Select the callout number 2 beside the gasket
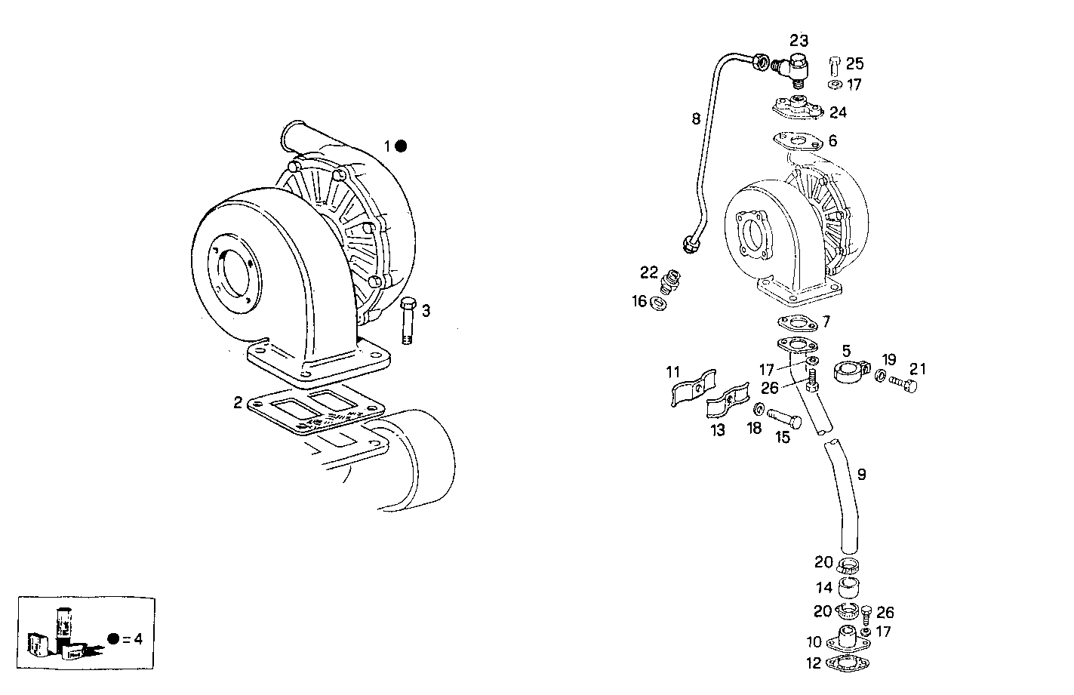(x=238, y=402)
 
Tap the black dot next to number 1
(x=402, y=146)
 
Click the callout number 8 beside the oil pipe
(x=696, y=118)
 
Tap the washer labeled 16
(x=657, y=303)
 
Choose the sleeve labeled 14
(x=850, y=587)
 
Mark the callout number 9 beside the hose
(x=861, y=475)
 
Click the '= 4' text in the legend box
(x=132, y=639)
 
